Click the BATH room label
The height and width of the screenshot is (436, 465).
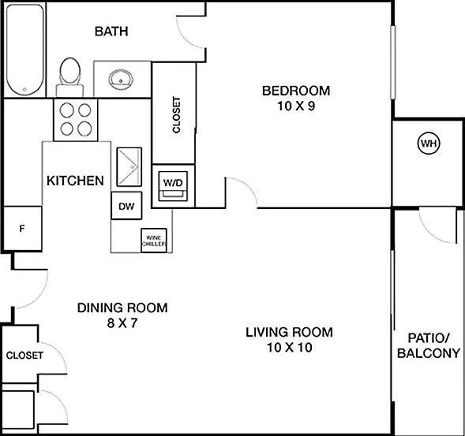pos(111,31)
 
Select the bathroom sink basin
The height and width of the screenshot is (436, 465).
pos(121,80)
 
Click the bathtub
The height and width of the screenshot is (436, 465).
pos(25,50)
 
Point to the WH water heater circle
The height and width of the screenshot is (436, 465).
pos(429,143)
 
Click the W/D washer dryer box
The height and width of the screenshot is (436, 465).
pos(173,186)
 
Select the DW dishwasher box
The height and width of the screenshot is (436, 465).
pos(126,206)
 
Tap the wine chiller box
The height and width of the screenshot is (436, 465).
pos(154,240)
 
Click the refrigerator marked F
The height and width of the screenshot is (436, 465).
pos(22,229)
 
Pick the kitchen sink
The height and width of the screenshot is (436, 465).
pos(129,167)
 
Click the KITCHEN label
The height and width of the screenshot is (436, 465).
pos(75,181)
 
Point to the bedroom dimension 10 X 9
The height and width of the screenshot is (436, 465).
pos(296,106)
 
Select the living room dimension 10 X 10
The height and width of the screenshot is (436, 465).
pos(290,348)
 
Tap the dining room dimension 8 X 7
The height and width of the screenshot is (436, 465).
pos(122,322)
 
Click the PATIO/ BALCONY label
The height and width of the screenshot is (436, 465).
pos(429,345)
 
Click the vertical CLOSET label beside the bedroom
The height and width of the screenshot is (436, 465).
pos(176,115)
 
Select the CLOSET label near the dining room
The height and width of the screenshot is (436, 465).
pos(24,355)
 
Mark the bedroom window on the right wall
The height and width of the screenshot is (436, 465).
pos(392,62)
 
